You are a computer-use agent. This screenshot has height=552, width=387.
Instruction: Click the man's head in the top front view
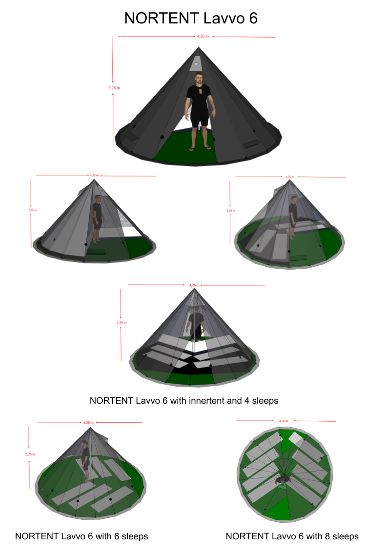pyautogui.click(x=199, y=79)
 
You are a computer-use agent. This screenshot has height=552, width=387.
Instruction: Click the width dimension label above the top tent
pyautogui.click(x=203, y=36)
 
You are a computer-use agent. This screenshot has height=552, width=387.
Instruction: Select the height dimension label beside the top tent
pyautogui.click(x=114, y=88)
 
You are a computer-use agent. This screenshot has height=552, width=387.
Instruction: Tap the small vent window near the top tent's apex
pyautogui.click(x=197, y=63)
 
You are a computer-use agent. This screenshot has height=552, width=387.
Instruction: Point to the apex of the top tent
pyautogui.click(x=199, y=48)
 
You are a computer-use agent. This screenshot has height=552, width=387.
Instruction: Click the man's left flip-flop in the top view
pyautogui.click(x=207, y=147)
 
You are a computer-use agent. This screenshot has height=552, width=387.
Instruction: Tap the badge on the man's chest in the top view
pyautogui.click(x=200, y=91)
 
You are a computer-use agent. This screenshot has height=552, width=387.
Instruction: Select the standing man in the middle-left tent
pyautogui.click(x=97, y=218)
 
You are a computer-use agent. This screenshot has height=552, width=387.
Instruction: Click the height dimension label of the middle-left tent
pyautogui.click(x=32, y=210)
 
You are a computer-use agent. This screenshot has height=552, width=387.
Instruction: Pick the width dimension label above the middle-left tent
pyautogui.click(x=94, y=175)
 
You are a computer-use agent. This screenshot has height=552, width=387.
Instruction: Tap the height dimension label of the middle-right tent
pyautogui.click(x=231, y=211)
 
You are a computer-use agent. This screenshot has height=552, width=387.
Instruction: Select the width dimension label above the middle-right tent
pyautogui.click(x=289, y=177)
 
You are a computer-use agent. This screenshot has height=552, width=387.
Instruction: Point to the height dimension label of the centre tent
pyautogui.click(x=121, y=322)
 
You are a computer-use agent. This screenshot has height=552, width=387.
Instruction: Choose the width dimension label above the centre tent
pyautogui.click(x=194, y=285)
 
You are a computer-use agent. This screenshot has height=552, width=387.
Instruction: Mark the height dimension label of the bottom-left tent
pyautogui.click(x=30, y=454)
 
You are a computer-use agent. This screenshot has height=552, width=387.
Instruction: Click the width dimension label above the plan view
pyautogui.click(x=283, y=420)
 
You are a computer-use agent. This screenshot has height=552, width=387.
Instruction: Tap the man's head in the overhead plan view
pyautogui.click(x=282, y=480)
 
